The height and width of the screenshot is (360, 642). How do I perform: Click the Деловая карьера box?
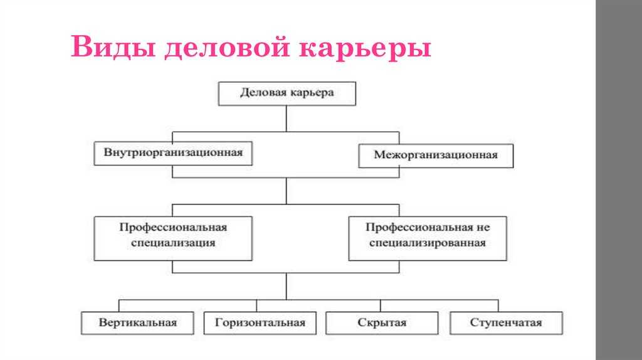(287, 94)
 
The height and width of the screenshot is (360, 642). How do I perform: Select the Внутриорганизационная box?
(173, 153)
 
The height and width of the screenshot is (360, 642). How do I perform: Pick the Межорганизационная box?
(436, 156)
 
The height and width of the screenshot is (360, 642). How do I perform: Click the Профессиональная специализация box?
(173, 238)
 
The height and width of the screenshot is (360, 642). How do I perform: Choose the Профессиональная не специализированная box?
(428, 238)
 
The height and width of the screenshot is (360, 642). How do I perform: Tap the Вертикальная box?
(137, 323)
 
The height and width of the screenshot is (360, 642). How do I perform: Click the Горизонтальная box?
(260, 323)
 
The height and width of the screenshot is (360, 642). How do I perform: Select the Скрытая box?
(382, 323)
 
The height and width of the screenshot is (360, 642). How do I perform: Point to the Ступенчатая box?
(506, 323)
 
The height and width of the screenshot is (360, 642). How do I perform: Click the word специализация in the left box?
(173, 243)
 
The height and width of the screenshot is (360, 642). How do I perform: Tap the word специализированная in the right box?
(428, 243)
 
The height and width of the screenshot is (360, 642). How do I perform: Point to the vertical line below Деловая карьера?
(286, 119)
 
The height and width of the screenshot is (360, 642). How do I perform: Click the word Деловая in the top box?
(263, 93)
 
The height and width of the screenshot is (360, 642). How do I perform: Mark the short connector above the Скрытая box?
(381, 305)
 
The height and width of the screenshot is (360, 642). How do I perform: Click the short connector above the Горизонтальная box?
(256, 305)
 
